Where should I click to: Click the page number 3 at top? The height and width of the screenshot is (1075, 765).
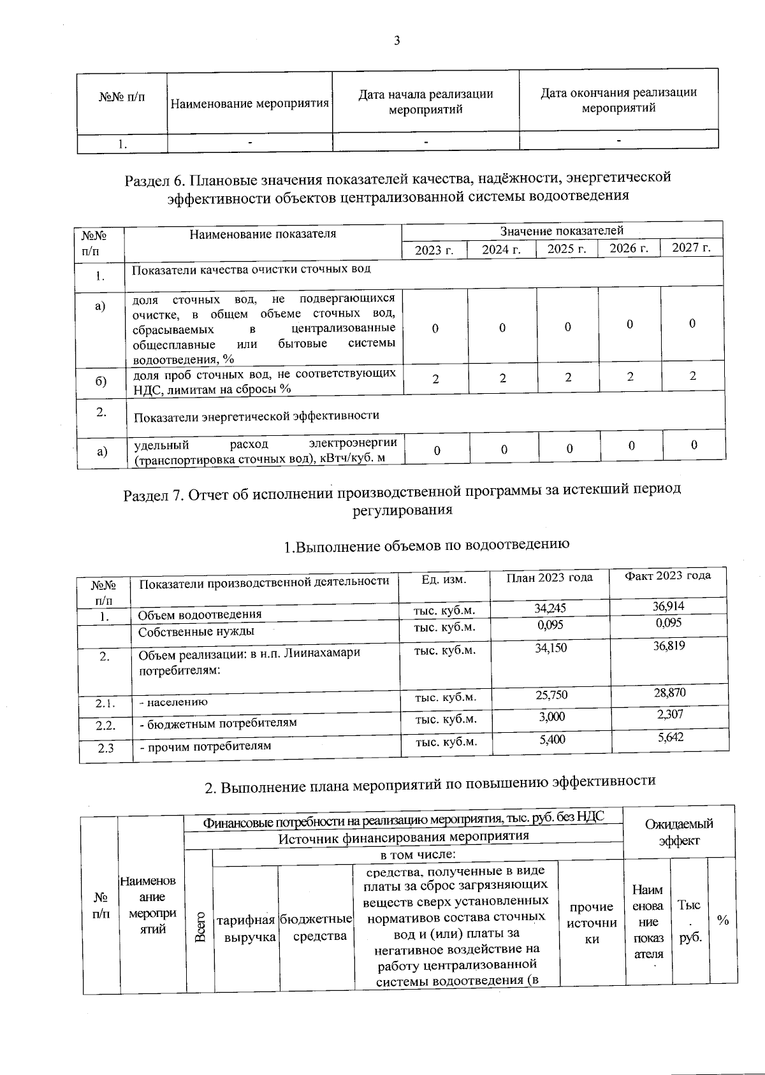click(397, 41)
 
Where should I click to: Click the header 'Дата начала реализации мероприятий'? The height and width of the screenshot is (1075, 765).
click(426, 101)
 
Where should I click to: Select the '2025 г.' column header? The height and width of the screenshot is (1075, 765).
click(567, 249)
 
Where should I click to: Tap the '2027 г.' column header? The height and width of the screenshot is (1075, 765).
click(692, 248)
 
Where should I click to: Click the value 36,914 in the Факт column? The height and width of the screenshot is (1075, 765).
click(669, 606)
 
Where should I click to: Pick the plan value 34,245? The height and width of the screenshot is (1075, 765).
click(550, 608)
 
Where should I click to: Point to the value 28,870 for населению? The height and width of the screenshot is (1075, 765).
click(669, 692)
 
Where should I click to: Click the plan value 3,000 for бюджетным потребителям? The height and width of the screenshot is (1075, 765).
click(551, 717)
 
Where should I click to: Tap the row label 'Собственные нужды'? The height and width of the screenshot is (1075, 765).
click(196, 631)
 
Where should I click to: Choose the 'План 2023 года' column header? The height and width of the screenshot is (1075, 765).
click(549, 577)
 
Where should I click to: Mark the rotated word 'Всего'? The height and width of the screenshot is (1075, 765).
click(200, 926)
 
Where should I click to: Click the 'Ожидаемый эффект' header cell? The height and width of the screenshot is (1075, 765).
click(679, 832)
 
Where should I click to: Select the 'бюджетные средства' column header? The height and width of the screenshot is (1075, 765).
click(316, 927)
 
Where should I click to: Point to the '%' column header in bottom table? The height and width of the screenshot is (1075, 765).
click(723, 920)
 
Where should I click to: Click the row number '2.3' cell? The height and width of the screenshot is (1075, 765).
click(106, 748)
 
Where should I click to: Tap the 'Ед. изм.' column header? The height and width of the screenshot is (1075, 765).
click(444, 579)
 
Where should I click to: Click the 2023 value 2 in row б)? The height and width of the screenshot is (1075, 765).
click(435, 379)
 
